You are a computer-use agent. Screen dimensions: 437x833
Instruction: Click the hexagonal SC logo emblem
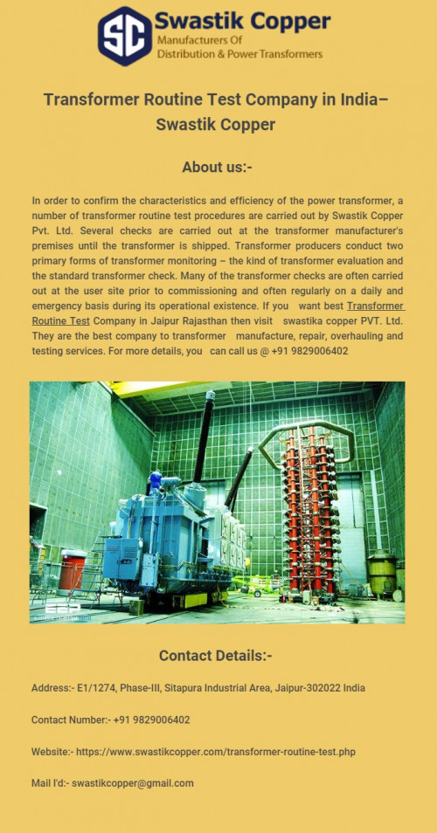click(125, 36)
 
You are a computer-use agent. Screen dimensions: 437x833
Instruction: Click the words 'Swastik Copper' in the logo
click(242, 21)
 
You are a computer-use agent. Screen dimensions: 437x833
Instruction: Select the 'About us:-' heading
click(218, 167)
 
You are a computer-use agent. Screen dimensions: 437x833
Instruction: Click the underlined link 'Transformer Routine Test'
click(376, 306)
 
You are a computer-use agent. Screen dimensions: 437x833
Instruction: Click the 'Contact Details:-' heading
click(216, 656)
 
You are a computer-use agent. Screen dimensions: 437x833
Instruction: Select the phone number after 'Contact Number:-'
click(151, 720)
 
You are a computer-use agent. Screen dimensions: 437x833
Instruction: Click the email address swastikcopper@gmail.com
click(133, 783)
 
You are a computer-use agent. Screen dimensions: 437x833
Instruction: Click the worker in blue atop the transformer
click(156, 479)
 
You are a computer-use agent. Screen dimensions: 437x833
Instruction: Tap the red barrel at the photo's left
click(73, 571)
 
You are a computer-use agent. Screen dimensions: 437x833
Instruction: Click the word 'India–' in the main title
click(360, 100)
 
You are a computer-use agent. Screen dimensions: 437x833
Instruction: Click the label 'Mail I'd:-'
click(49, 783)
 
